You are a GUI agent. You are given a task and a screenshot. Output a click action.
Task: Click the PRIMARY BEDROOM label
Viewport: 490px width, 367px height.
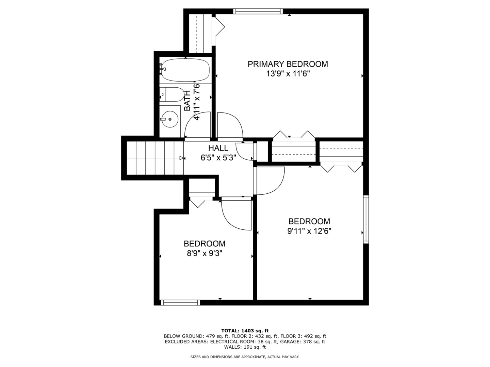pyautogui.click(x=288, y=64)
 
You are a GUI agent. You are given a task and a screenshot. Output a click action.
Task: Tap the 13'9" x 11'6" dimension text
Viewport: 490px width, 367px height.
pyautogui.click(x=288, y=74)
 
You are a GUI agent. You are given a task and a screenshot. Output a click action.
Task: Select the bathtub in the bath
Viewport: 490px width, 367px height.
pyautogui.click(x=185, y=70)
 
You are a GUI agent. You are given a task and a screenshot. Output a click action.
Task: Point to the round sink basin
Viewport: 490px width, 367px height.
pyautogui.click(x=169, y=119)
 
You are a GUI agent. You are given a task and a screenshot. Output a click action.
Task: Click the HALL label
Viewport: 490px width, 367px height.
pyautogui.click(x=218, y=148)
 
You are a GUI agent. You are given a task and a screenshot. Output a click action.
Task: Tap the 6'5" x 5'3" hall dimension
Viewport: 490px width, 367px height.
pyautogui.click(x=218, y=158)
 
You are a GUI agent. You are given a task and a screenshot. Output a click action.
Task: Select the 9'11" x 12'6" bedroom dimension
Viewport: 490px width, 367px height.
pyautogui.click(x=309, y=231)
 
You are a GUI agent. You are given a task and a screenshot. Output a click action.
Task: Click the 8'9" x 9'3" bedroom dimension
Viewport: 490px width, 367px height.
pyautogui.click(x=204, y=254)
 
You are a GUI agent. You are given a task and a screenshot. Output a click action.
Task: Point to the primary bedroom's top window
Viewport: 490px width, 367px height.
pyautogui.click(x=258, y=11)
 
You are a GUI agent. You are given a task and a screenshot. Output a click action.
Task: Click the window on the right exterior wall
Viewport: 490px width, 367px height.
pyautogui.click(x=366, y=219)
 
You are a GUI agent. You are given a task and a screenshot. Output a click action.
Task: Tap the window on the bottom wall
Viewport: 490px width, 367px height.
pyautogui.click(x=180, y=302)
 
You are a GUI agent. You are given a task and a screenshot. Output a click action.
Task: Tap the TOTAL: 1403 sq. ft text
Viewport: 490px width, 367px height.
pyautogui.click(x=245, y=330)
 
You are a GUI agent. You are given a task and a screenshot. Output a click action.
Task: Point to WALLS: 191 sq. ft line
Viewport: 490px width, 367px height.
pyautogui.click(x=245, y=347)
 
